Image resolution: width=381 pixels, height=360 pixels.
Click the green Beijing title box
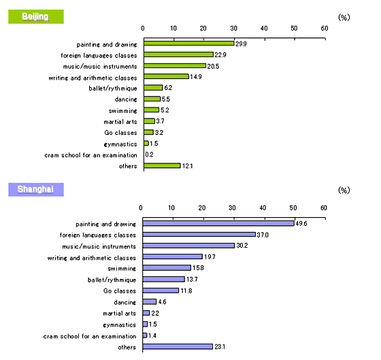pos(36,16)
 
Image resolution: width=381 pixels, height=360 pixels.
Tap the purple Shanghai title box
pos(36,189)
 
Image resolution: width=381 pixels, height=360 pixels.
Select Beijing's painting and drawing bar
pos(189,44)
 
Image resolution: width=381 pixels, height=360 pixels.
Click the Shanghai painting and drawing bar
pos(218,223)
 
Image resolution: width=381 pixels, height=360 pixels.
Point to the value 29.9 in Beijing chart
pos(241,44)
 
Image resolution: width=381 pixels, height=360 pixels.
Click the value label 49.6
pos(301,223)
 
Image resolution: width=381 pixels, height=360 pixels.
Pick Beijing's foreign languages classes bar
pos(178,54)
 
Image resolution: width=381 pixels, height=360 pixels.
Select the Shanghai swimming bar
pos(167,267)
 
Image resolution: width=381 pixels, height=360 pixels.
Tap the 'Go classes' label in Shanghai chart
pos(120,291)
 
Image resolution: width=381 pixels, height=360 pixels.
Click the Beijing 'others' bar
pos(162,165)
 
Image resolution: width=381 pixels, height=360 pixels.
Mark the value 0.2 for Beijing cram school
pos(149,154)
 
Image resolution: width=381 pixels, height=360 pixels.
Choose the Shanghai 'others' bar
pos(178,346)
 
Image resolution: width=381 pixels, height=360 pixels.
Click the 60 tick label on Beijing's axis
pos(325,29)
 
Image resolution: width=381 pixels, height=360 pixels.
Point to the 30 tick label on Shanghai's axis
pos(232,208)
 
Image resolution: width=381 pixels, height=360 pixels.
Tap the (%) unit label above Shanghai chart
pos(344,190)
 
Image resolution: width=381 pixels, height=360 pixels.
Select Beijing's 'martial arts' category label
pos(120,122)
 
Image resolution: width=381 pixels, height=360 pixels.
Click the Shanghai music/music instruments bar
pos(188,246)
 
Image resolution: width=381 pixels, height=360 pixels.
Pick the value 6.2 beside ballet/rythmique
pos(168,88)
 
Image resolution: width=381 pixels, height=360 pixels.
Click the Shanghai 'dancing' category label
pos(125,302)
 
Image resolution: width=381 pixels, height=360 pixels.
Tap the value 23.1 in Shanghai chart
pos(220,346)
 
